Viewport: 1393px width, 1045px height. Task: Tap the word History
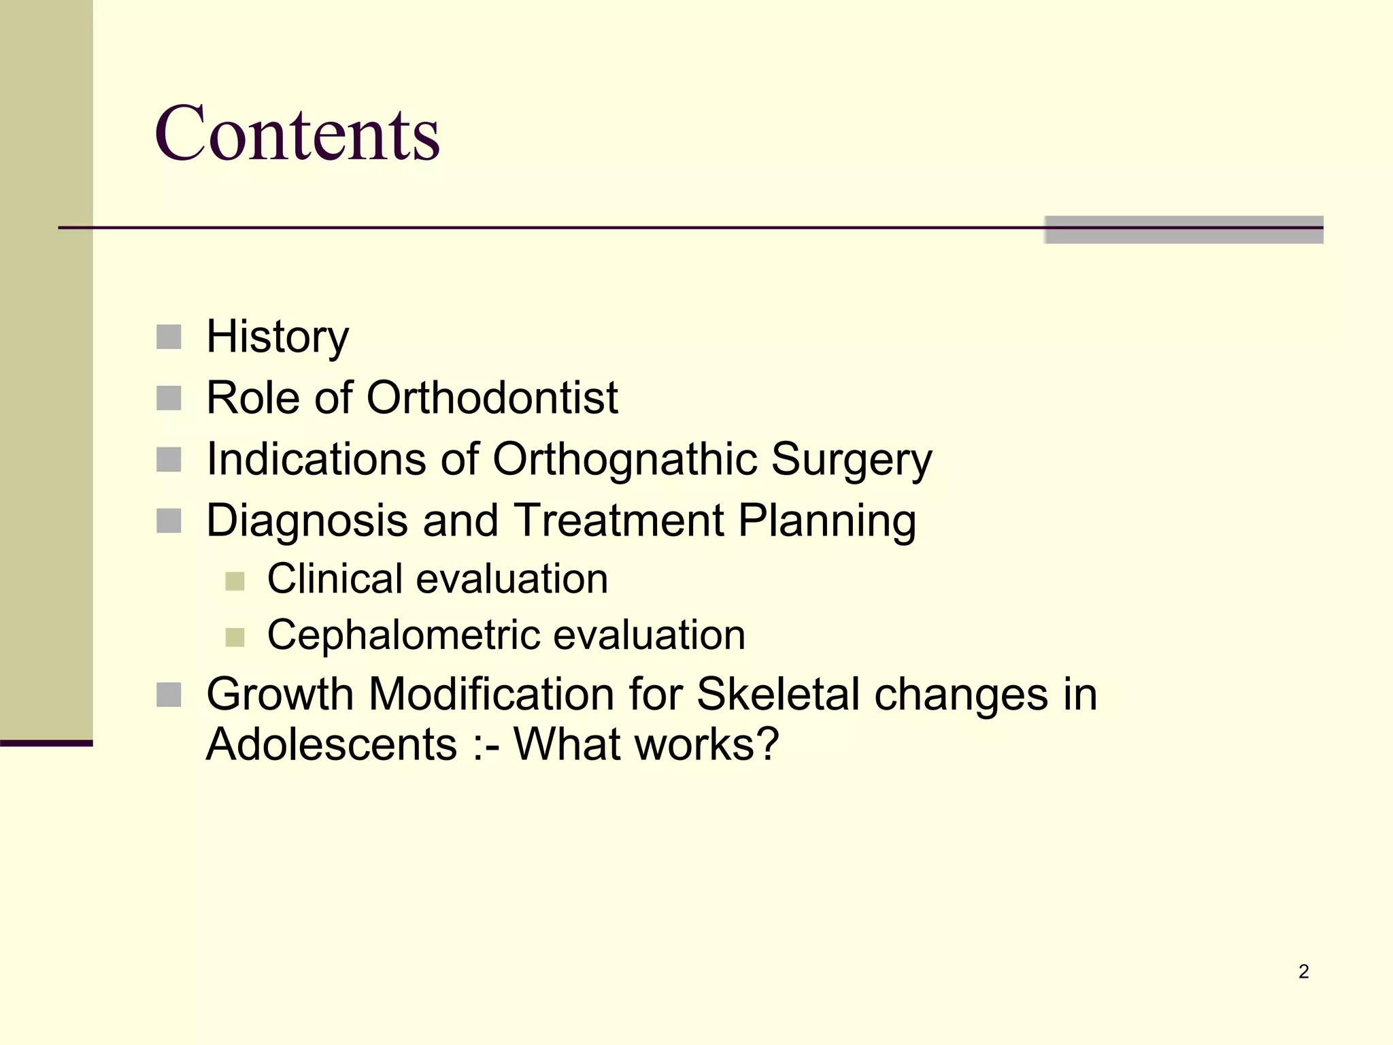point(278,337)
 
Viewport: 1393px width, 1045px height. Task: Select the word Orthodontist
point(492,397)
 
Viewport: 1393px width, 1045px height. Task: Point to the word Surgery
point(852,460)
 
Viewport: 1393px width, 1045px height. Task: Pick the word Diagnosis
point(307,520)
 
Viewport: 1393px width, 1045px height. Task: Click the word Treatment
point(618,520)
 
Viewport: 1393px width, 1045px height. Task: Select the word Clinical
point(334,579)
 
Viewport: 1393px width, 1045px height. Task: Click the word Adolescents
point(331,744)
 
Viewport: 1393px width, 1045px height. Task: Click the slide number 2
point(1303,972)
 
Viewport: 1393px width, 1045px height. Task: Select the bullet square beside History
point(169,337)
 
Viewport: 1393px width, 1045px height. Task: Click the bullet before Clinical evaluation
point(235,581)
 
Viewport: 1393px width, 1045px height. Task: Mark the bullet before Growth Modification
point(169,695)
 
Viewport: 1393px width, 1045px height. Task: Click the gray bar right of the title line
point(1184,229)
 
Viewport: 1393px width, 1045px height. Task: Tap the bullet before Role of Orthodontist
point(169,398)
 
